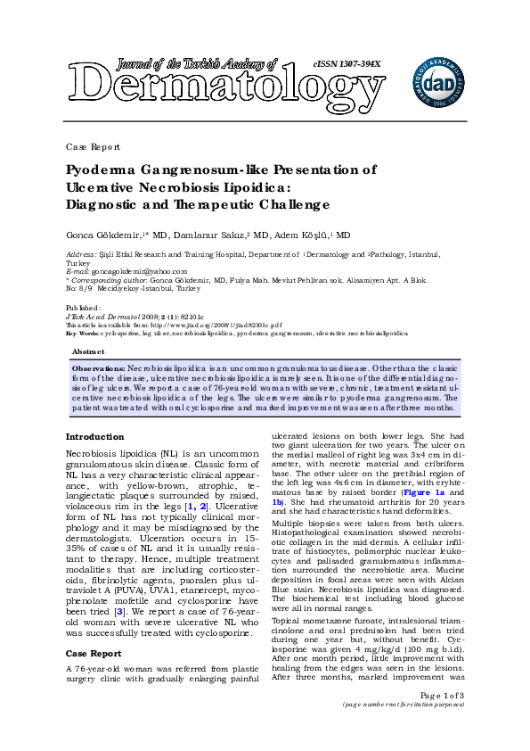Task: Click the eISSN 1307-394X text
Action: (347, 64)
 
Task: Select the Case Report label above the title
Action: (93, 146)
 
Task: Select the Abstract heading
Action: (87, 352)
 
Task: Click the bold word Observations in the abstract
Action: (98, 367)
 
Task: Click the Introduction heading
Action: (95, 436)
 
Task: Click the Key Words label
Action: (82, 334)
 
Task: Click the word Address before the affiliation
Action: (82, 254)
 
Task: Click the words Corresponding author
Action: (112, 279)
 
